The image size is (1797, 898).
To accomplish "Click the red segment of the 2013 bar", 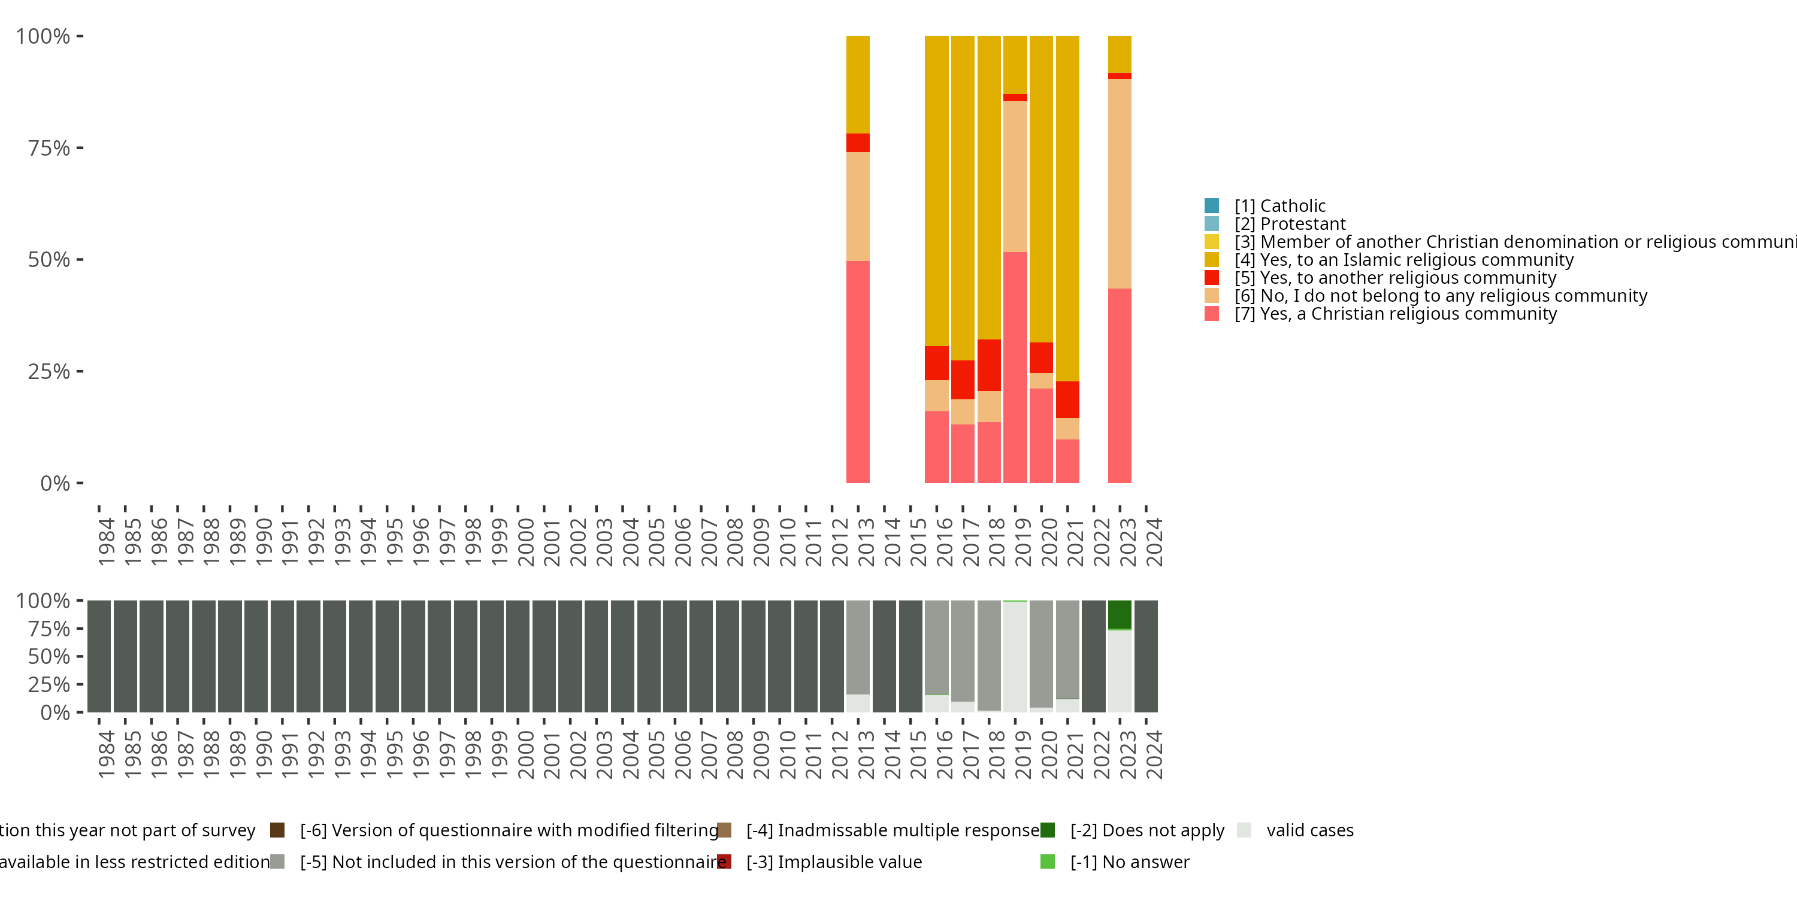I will pyautogui.click(x=857, y=143).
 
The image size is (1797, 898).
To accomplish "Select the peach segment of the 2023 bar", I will pyautogui.click(x=1119, y=183).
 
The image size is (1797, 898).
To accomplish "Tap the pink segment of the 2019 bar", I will pyautogui.click(x=1014, y=368).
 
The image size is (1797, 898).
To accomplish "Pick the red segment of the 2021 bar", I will pyautogui.click(x=1067, y=399).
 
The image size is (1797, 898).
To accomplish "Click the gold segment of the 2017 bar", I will pyautogui.click(x=963, y=198).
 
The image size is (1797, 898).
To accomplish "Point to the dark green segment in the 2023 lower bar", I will pyautogui.click(x=1119, y=614).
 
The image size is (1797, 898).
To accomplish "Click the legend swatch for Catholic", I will pyautogui.click(x=1212, y=206).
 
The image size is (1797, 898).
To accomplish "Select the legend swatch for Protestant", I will pyautogui.click(x=1212, y=224).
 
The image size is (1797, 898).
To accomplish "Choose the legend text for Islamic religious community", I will pyautogui.click(x=1416, y=260).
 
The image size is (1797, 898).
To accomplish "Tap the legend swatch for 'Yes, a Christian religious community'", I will pyautogui.click(x=1212, y=314).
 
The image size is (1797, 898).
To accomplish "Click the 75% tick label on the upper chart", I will pyautogui.click(x=49, y=148).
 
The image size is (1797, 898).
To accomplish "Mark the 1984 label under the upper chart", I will pyautogui.click(x=106, y=542).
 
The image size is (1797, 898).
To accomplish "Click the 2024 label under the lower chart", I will pyautogui.click(x=1154, y=755).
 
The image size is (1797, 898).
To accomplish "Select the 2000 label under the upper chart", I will pyautogui.click(x=525, y=542).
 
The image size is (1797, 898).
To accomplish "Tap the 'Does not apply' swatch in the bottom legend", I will pyautogui.click(x=1047, y=830).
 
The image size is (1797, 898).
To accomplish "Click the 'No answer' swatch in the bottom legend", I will pyautogui.click(x=1047, y=861).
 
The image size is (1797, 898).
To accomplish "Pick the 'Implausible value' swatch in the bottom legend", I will pyautogui.click(x=724, y=861).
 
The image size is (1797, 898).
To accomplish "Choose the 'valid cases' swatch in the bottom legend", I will pyautogui.click(x=1244, y=830).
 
